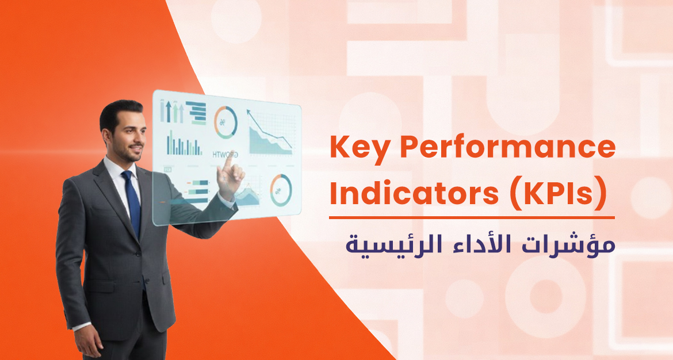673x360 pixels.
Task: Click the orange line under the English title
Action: tap(472, 217)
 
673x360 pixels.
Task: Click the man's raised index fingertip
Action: tap(227, 156)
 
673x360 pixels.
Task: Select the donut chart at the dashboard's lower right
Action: tap(281, 190)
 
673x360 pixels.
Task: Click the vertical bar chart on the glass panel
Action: tap(183, 143)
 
